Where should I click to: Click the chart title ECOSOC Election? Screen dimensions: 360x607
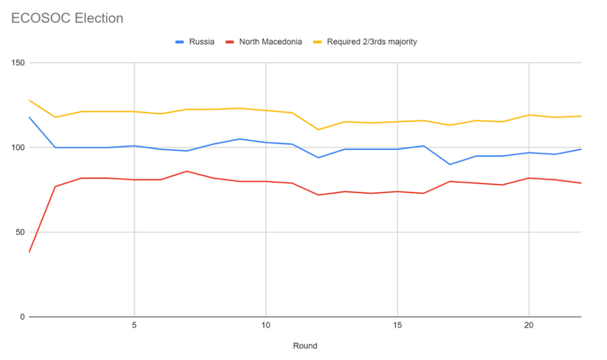[67, 18]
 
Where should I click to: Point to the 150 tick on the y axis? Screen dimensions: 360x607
[17, 63]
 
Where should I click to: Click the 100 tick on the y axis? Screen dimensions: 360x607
[17, 148]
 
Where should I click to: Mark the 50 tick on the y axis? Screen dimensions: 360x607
[20, 232]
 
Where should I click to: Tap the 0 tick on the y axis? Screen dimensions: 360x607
[22, 317]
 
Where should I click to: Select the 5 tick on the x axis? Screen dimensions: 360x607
[135, 326]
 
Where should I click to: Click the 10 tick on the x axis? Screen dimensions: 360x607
[266, 326]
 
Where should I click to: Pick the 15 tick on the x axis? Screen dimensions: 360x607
[397, 326]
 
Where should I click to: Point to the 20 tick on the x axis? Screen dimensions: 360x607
[528, 326]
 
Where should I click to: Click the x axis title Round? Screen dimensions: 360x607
[305, 346]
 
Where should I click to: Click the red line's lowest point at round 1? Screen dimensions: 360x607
[29, 252]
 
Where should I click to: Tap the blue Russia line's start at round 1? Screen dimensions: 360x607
[29, 117]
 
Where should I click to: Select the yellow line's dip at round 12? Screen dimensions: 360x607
[318, 129]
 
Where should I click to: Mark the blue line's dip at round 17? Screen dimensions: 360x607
[449, 164]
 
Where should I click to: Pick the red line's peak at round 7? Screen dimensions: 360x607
[187, 171]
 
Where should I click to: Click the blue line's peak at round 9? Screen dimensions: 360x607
[239, 139]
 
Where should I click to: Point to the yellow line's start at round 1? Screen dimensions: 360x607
[29, 100]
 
